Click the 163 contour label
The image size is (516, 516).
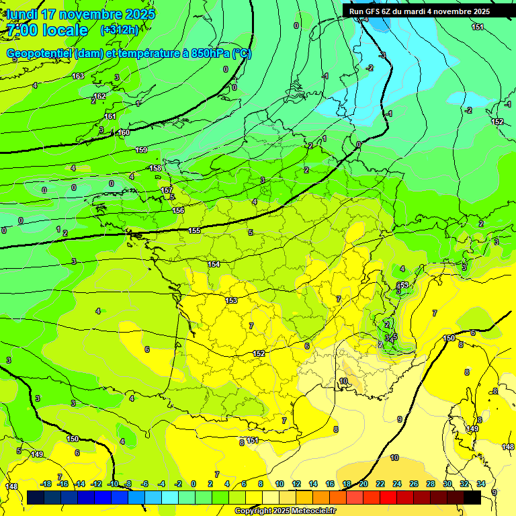[78, 76]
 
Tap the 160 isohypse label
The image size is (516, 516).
[123, 132]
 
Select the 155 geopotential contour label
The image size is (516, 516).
[194, 230]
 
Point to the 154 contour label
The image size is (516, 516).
[214, 264]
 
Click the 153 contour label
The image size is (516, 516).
[231, 300]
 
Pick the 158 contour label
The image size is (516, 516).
[155, 168]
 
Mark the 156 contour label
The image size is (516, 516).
[178, 210]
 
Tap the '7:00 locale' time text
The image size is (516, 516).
[47, 30]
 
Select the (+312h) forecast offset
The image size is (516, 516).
[119, 30]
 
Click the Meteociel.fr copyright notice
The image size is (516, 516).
[285, 511]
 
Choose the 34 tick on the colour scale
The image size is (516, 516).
[480, 484]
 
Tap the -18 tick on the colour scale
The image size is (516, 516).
[46, 484]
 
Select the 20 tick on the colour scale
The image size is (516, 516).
[363, 484]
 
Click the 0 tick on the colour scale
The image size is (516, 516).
[193, 484]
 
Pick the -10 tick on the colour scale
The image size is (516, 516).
[112, 484]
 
